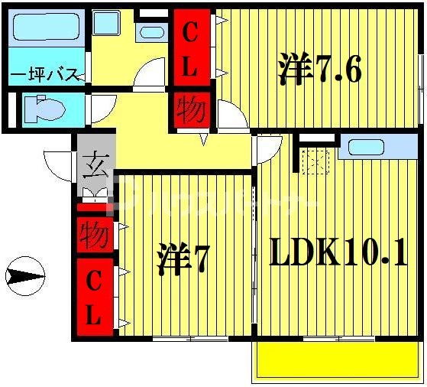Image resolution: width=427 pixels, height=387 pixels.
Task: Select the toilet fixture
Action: tap(45, 109)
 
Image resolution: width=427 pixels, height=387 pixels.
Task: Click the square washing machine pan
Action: tap(106, 22)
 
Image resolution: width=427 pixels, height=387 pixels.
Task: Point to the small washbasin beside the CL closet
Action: tap(153, 32)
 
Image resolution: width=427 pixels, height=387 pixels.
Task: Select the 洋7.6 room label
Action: tap(319, 70)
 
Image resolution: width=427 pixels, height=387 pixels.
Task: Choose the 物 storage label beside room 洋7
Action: tap(95, 229)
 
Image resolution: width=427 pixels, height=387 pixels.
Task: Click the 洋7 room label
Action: tap(183, 259)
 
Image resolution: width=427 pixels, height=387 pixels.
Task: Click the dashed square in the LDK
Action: tap(314, 161)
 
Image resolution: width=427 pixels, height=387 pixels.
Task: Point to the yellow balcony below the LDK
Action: tap(337, 359)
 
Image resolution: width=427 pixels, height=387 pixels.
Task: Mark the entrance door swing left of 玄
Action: tap(60, 163)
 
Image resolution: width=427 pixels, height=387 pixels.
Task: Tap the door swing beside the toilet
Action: tap(104, 106)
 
